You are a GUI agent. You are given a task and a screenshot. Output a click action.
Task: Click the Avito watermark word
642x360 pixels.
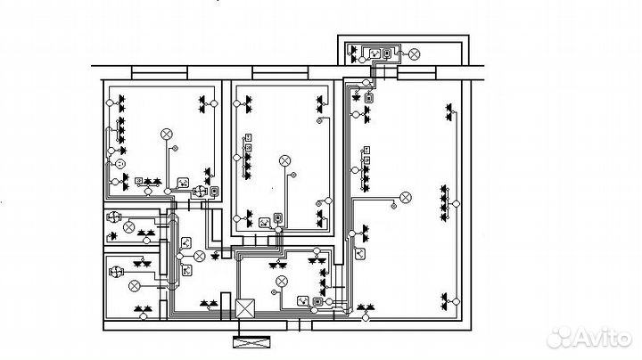(602, 339)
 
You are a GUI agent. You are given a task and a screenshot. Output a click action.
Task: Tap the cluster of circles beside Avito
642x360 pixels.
(559, 337)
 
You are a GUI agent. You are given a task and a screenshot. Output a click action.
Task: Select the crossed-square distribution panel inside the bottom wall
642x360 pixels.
(245, 308)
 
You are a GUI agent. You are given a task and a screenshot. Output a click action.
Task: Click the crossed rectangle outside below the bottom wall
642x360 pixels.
(251, 341)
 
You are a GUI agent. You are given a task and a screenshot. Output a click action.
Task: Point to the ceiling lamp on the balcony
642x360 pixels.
(415, 54)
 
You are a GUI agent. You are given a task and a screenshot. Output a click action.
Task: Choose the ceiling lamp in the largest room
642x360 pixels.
(406, 198)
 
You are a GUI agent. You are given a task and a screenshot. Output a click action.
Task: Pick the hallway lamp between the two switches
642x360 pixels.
(199, 257)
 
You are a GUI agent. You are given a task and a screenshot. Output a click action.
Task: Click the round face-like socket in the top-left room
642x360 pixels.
(119, 164)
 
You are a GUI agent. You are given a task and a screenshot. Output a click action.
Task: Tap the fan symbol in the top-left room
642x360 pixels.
(200, 191)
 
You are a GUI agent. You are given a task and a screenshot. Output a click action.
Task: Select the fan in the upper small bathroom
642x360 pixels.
(113, 216)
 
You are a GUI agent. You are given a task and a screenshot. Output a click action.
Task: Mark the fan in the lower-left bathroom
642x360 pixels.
(116, 272)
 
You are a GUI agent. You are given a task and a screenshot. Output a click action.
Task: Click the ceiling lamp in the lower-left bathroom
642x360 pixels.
(135, 286)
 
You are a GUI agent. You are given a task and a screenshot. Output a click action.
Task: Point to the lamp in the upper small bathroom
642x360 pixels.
(128, 226)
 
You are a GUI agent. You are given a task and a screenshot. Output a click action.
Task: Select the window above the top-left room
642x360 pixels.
(160, 73)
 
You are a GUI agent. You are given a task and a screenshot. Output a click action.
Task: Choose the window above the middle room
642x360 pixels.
(281, 73)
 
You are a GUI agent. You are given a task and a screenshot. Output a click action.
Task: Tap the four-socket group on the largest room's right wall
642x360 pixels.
(445, 203)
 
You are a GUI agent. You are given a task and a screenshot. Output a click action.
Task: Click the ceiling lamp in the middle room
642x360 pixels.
(285, 160)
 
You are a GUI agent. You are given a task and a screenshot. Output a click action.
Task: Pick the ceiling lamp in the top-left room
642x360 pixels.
(166, 135)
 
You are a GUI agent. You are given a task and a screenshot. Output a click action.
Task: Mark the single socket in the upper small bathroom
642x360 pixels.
(112, 236)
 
